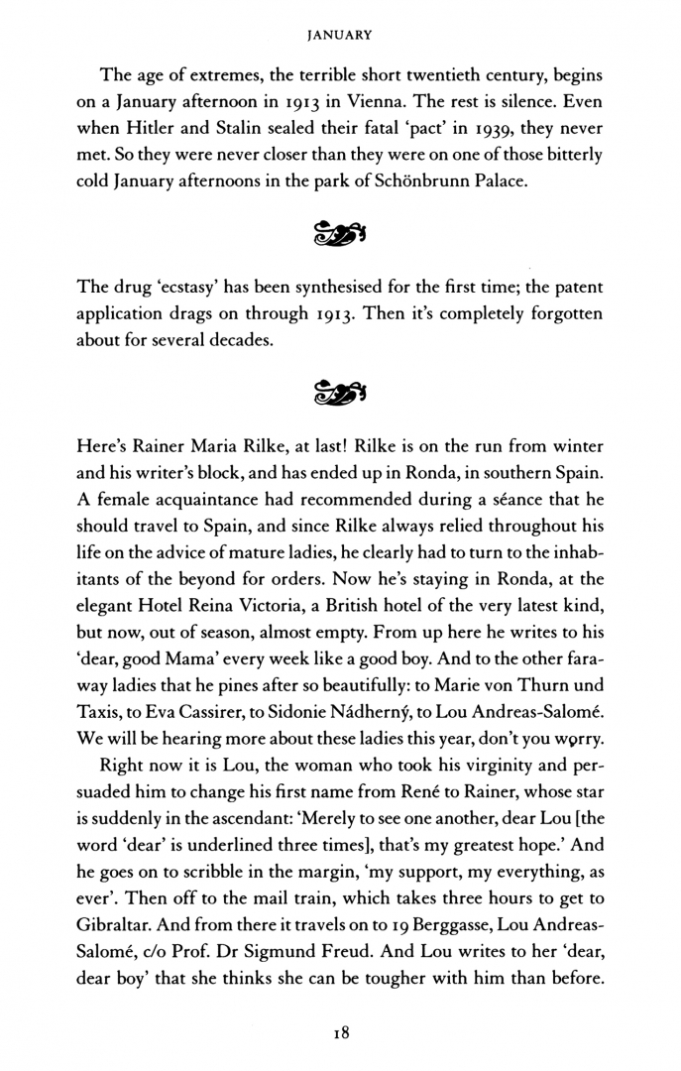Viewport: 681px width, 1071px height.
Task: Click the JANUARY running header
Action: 340,34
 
